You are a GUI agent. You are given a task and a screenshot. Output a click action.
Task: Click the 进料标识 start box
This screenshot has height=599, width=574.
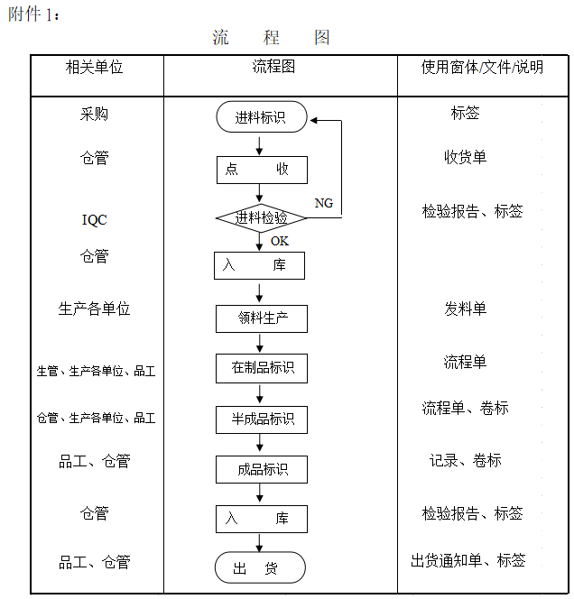[262, 117]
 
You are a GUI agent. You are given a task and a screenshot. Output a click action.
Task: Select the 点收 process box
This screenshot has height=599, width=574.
[262, 170]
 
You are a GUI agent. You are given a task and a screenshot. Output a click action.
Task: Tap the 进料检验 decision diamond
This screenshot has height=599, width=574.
[261, 218]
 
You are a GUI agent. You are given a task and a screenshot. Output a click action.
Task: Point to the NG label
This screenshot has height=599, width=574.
[323, 203]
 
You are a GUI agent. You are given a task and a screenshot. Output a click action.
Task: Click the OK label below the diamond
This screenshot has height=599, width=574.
[280, 241]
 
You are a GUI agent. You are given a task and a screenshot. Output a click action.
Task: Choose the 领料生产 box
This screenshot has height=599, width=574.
[262, 318]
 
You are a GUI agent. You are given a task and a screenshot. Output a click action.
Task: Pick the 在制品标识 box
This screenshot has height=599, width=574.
[262, 368]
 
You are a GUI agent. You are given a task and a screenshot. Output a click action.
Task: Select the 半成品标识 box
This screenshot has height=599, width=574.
[262, 419]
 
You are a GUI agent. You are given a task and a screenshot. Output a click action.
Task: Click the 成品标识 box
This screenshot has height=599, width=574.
[262, 469]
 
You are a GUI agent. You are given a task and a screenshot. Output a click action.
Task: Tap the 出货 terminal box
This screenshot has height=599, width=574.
[260, 567]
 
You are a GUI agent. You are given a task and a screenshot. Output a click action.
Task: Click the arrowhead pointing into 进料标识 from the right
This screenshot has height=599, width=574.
[313, 121]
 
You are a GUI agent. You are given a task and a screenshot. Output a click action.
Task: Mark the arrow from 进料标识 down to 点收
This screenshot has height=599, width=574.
[260, 146]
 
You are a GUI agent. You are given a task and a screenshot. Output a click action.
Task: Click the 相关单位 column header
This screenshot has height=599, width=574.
[94, 68]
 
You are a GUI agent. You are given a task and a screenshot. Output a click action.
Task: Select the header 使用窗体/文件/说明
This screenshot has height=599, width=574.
[482, 68]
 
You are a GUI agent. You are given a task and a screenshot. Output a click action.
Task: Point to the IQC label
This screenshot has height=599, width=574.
[95, 220]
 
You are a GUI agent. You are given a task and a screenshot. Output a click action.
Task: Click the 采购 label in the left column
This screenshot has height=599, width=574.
[94, 114]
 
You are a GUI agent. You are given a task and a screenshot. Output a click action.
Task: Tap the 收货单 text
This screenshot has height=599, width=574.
[465, 157]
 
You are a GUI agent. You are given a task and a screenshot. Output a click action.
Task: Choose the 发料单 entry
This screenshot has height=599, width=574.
[465, 309]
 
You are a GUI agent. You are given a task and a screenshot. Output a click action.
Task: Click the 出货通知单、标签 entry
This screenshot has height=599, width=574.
[468, 560]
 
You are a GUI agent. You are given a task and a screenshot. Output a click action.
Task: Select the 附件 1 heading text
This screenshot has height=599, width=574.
[33, 14]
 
